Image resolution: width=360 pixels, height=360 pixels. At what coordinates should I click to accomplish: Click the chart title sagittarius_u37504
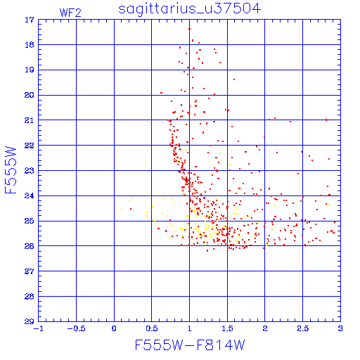tap(189, 9)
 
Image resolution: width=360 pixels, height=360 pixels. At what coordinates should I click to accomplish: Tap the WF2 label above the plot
tap(70, 13)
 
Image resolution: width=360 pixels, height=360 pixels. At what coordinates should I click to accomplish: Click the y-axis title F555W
tap(11, 170)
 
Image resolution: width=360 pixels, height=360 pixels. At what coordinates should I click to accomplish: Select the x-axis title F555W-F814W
tap(190, 345)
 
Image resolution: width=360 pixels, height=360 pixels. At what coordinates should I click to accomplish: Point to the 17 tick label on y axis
tap(30, 20)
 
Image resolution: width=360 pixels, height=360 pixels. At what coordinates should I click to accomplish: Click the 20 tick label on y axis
tap(30, 95)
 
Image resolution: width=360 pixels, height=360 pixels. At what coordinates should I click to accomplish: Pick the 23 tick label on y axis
tap(30, 171)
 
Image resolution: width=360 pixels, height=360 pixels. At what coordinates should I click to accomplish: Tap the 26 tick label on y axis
tap(30, 246)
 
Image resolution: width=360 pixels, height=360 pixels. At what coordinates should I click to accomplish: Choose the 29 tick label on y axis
tap(30, 321)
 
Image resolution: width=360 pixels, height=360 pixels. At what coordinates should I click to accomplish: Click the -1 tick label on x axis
tap(39, 328)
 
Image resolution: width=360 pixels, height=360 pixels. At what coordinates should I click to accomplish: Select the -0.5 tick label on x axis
tap(76, 328)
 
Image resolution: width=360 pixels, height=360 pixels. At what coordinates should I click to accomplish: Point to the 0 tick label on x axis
tap(114, 328)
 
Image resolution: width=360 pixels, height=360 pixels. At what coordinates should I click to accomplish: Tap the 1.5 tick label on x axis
tap(227, 328)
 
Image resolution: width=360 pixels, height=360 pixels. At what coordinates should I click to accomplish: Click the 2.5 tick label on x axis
tap(303, 328)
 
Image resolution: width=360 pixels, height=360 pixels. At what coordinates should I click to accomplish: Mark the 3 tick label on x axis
tap(340, 328)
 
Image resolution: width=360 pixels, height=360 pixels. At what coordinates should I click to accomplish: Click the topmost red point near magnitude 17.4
tap(189, 29)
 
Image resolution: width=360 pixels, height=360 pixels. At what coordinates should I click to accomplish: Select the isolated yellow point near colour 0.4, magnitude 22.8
tap(146, 165)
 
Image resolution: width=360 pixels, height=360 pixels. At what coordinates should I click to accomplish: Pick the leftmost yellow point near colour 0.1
tap(122, 211)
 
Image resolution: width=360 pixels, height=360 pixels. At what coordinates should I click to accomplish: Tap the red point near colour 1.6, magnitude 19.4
tap(234, 79)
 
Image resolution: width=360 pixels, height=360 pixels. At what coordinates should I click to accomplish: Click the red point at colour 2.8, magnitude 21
tap(326, 120)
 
